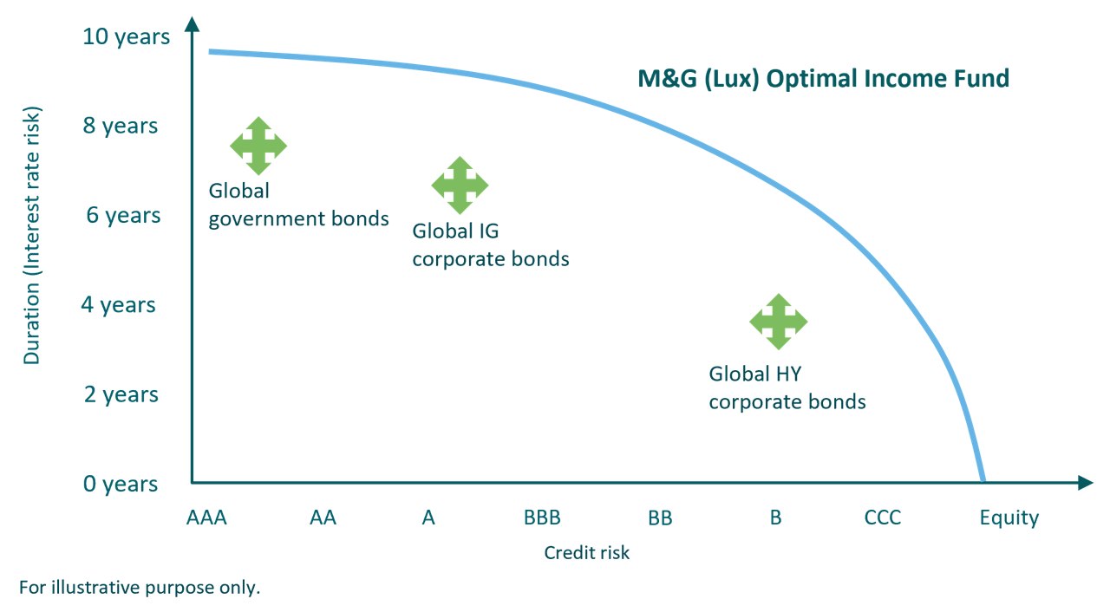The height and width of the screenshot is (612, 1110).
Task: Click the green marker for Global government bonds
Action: pos(258,146)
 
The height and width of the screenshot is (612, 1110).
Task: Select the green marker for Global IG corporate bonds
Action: pos(460,186)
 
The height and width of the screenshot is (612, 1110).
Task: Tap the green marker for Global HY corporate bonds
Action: pos(779,322)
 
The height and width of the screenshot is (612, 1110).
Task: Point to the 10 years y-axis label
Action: pos(127,37)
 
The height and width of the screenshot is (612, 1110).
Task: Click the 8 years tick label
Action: pos(121,127)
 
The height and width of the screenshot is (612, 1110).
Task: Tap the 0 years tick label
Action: pos(121,484)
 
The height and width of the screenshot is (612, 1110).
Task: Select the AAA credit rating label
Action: pos(206,518)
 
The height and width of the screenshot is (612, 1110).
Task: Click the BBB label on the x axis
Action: pos(542,518)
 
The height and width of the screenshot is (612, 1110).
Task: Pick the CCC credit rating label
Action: pos(883,518)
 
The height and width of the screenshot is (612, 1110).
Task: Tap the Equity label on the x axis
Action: pos(1009,518)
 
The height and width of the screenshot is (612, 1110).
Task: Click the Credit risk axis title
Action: pos(587,553)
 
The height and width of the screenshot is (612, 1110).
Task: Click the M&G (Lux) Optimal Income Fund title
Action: pos(824,79)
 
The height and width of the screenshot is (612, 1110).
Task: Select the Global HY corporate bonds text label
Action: pos(787,388)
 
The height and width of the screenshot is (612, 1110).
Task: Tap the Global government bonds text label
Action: pos(298,205)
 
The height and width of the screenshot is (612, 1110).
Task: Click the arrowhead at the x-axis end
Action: pos(1085,483)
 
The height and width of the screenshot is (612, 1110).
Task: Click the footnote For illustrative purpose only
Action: pos(140,588)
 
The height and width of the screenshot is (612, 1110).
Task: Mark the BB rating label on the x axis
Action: pos(660,518)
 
